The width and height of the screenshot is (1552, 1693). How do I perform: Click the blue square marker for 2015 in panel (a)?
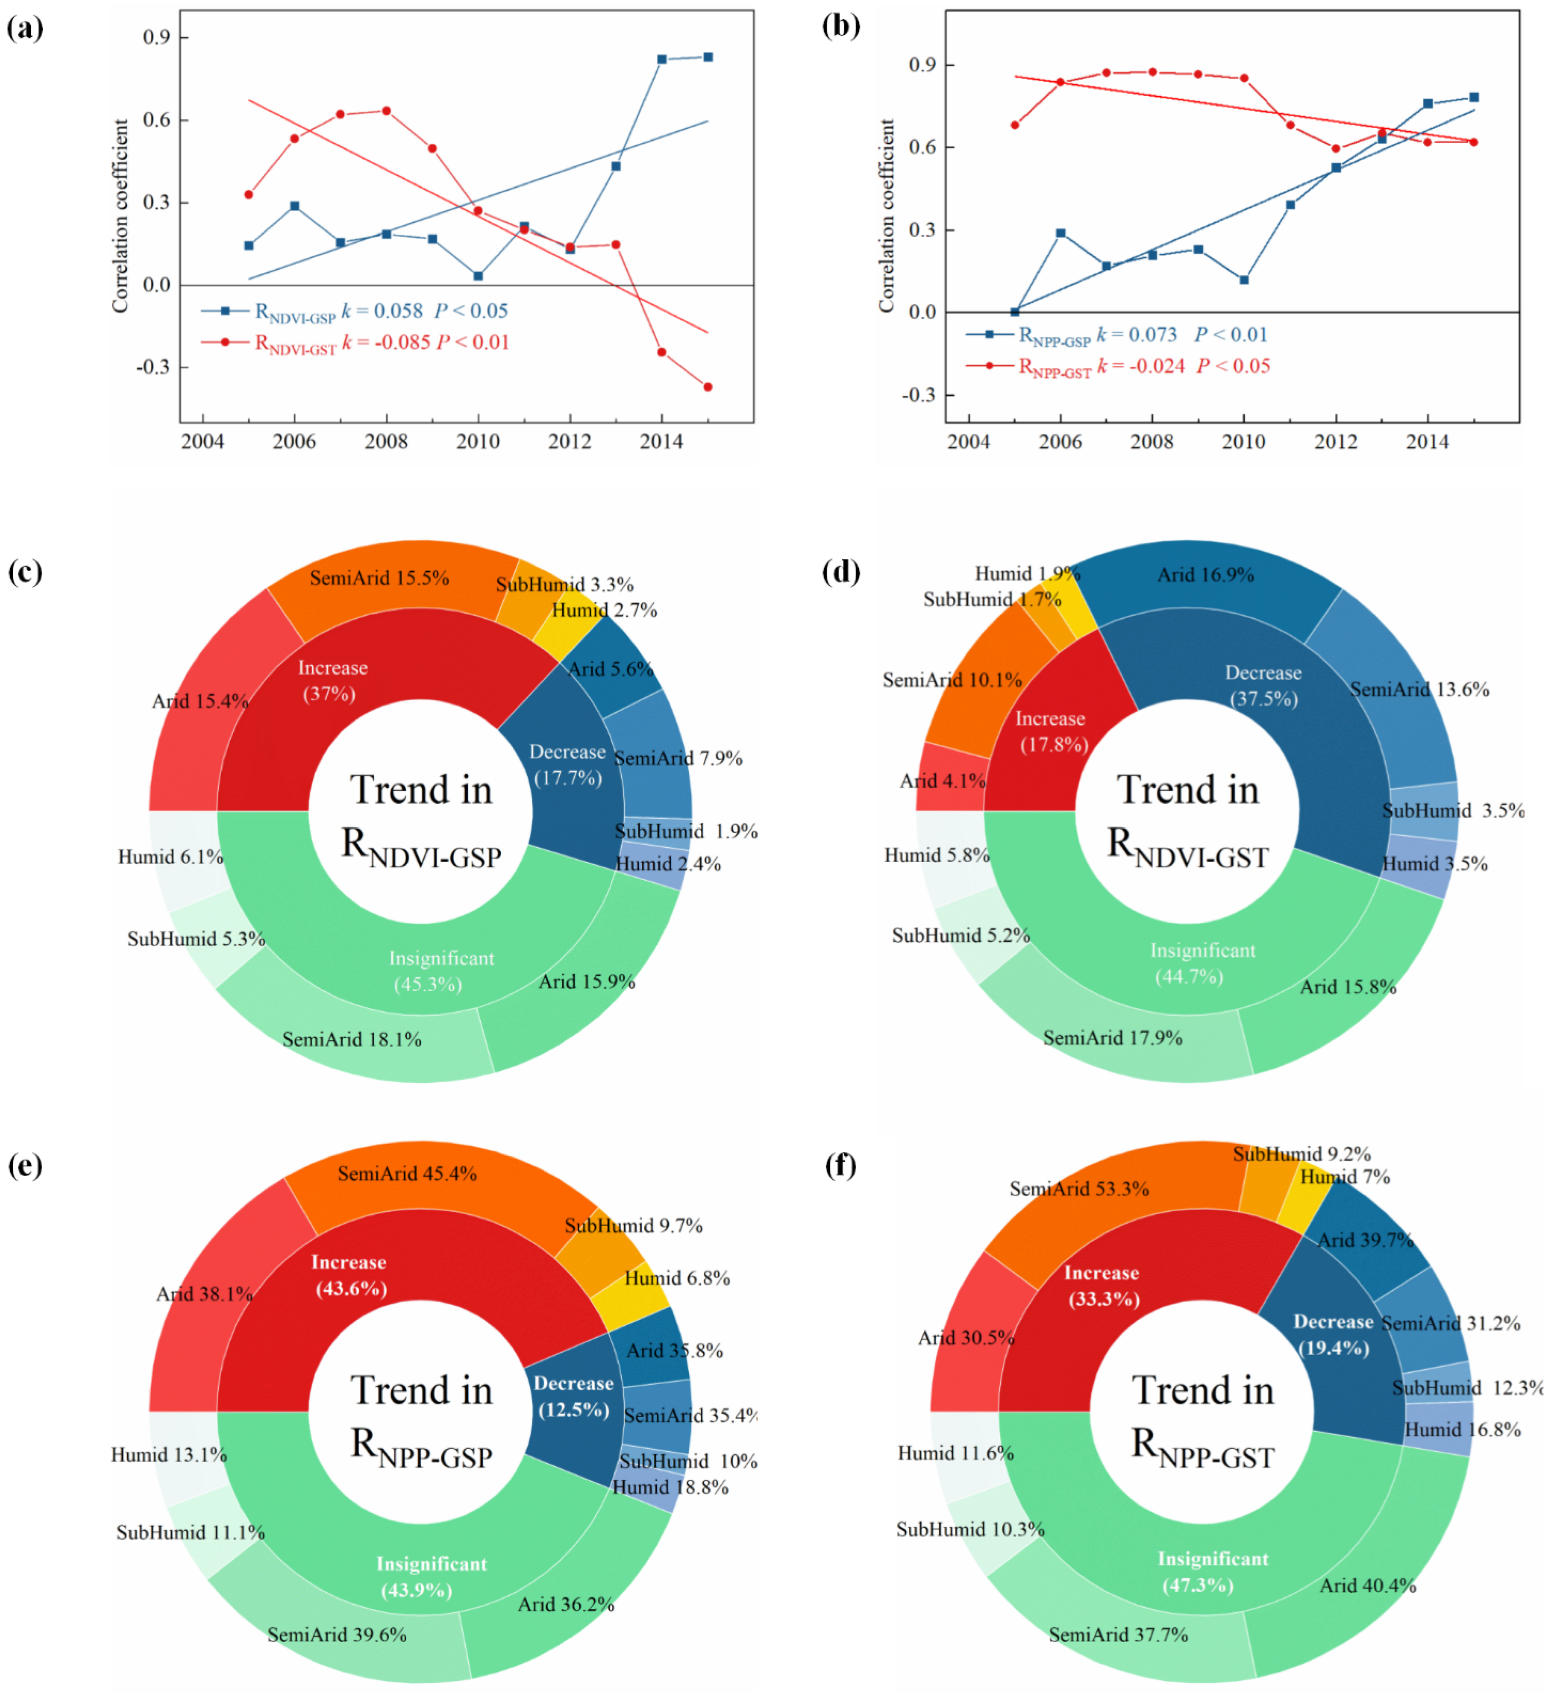pos(708,57)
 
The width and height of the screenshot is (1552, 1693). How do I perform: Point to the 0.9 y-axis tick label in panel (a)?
pos(156,37)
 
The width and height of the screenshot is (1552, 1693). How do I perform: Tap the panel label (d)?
pos(840,572)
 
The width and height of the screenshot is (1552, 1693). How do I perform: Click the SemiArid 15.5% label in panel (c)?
pos(379,578)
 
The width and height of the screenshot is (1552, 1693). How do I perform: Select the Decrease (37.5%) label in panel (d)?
pos(1263,685)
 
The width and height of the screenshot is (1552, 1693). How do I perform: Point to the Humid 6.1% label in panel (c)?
pos(171,857)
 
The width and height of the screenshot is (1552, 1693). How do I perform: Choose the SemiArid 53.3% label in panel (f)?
pos(1079,1188)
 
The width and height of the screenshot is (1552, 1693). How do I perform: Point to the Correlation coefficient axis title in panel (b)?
pos(886,216)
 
